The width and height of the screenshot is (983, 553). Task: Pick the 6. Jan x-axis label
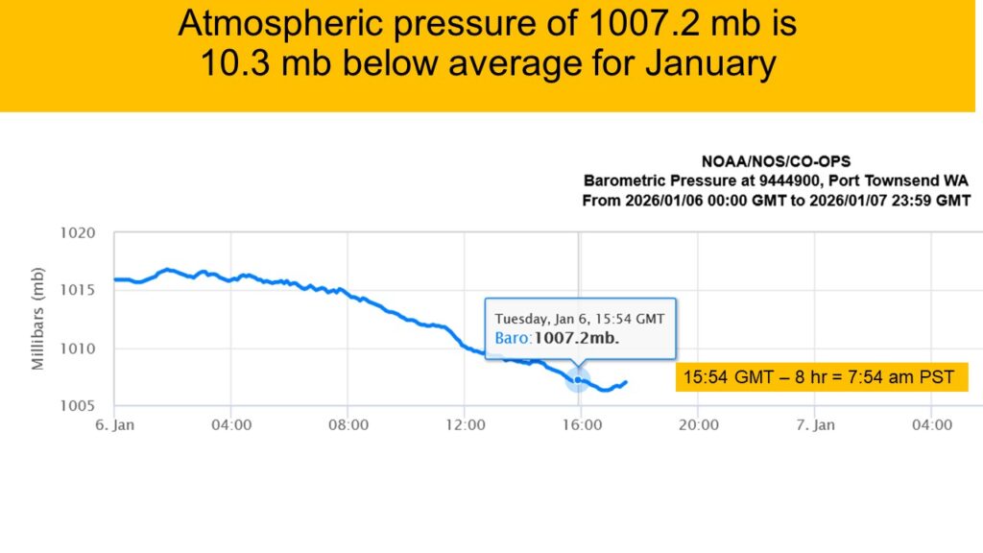pos(114,424)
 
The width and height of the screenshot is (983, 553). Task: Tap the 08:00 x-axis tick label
pos(348,424)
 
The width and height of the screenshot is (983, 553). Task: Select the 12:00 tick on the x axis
pos(465,424)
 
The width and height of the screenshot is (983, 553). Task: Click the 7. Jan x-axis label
pos(814,424)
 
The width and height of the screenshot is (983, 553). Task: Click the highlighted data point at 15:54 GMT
pos(578,379)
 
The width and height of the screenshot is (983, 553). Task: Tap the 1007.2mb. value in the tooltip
pos(576,338)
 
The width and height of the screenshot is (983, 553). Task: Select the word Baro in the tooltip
pos(512,338)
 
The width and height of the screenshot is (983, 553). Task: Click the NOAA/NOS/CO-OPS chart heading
pos(776,161)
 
